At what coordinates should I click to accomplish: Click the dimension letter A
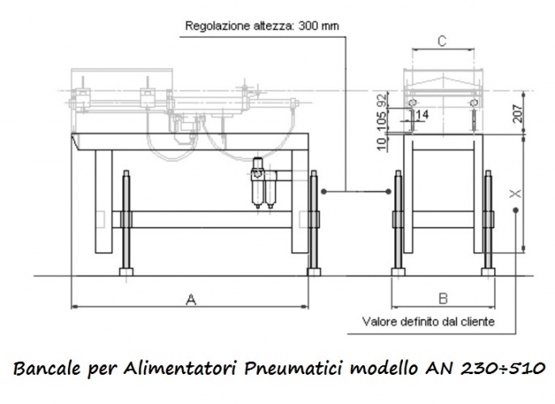(191, 300)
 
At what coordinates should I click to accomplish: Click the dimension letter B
(443, 298)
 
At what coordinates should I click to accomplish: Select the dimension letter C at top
(442, 41)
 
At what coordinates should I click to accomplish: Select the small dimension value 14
(420, 116)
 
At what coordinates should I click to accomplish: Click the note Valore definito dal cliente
(428, 322)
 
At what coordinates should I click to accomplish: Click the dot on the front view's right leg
(323, 191)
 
